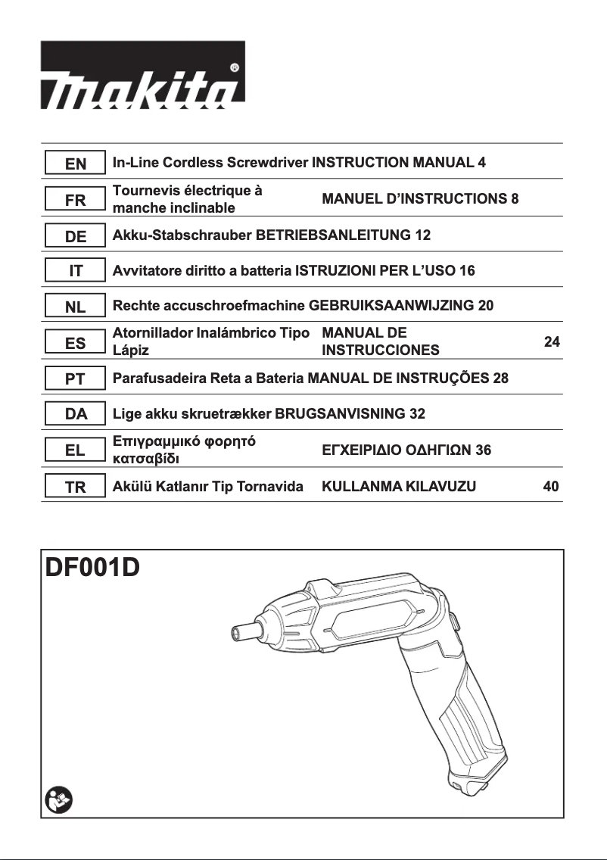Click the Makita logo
coord(142,80)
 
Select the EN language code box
coord(75,163)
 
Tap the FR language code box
coord(75,200)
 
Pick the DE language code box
coord(75,235)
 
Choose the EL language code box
coord(75,450)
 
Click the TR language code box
coord(75,487)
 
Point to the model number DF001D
coord(93,568)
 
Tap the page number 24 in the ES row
coord(552,342)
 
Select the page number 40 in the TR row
coord(551,487)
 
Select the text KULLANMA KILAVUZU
coord(399,487)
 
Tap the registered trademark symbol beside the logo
coord(235,67)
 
